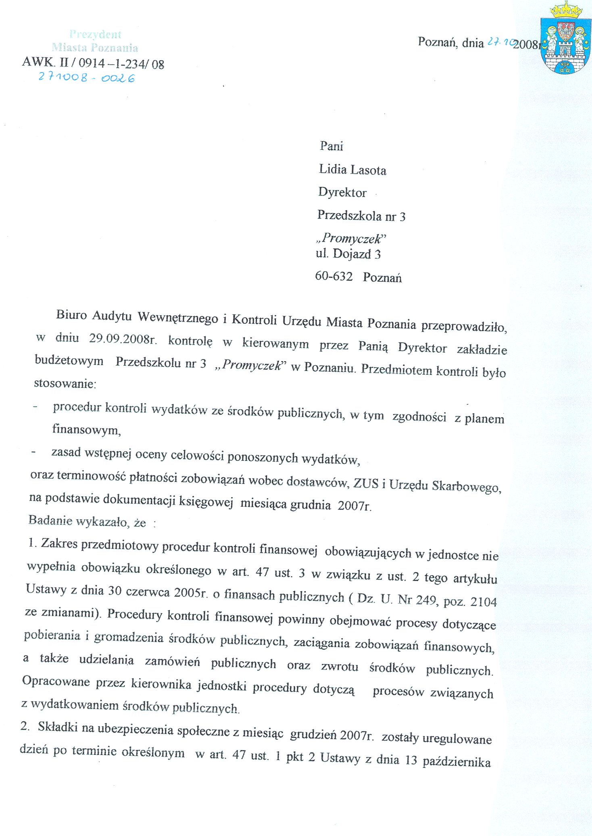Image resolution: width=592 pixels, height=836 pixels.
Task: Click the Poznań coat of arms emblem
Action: point(564,38)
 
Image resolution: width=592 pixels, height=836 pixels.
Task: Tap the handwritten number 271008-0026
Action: point(86,77)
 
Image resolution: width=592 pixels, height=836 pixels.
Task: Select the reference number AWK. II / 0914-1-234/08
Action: point(93,63)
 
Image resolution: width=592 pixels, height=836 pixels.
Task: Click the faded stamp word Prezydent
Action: point(95,34)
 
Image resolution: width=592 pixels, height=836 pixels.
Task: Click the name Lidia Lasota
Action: point(352,170)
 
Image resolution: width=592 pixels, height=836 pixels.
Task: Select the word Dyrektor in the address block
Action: point(342,192)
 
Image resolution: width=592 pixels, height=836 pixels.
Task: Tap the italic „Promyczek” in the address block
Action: point(350,238)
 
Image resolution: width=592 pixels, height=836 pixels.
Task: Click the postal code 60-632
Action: point(334,276)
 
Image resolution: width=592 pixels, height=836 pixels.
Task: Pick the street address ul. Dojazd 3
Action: point(348,254)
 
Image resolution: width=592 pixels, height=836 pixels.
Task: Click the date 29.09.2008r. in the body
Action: point(123,339)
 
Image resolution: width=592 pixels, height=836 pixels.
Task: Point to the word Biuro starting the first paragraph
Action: point(71,315)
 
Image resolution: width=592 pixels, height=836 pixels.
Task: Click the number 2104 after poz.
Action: point(484,602)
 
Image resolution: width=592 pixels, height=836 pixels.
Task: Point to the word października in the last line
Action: point(457,761)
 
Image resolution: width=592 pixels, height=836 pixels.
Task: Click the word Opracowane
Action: point(56,681)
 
